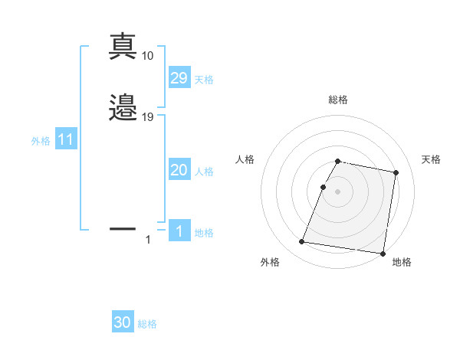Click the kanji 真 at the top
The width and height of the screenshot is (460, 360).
click(123, 47)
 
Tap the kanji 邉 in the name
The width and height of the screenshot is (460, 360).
click(123, 109)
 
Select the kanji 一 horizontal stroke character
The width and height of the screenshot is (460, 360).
click(123, 228)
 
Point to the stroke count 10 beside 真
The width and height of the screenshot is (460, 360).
click(148, 56)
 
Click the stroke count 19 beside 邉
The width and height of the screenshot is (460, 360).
click(148, 117)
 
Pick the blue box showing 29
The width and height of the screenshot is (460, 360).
click(179, 78)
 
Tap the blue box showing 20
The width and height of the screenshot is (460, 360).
click(179, 170)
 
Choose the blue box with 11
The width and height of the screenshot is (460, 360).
click(66, 140)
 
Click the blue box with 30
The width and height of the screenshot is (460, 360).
click(123, 323)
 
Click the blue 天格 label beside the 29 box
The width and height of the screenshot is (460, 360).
click(204, 80)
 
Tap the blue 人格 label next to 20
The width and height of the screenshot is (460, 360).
click(204, 172)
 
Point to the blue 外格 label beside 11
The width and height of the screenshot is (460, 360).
click(41, 141)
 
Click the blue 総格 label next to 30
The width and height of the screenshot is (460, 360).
click(147, 324)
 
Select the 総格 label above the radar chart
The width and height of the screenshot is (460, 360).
click(338, 100)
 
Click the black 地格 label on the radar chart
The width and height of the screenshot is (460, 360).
click(402, 263)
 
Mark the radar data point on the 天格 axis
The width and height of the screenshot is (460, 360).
click(396, 173)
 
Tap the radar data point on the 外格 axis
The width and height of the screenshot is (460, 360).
click(301, 242)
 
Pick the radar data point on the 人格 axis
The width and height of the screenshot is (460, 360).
click(323, 187)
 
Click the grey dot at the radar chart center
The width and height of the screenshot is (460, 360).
click(338, 191)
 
